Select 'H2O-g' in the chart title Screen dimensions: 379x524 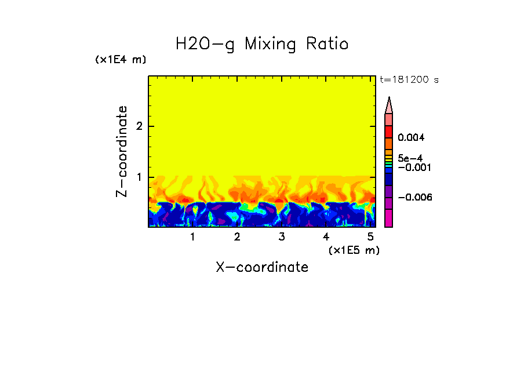click(x=206, y=45)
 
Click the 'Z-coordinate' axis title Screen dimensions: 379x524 click(x=122, y=151)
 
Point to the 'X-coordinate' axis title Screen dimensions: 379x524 click(x=262, y=267)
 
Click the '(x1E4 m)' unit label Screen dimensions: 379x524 click(x=121, y=60)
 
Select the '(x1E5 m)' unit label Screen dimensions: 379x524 click(x=354, y=250)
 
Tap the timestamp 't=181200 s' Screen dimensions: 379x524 click(x=409, y=80)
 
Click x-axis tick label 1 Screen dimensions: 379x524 click(x=192, y=237)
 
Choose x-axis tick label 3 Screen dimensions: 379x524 click(x=281, y=237)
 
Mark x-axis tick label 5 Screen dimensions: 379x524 click(x=370, y=237)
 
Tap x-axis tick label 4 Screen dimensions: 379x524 click(x=326, y=237)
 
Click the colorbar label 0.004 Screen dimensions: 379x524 click(x=411, y=138)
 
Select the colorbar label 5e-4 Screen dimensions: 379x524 click(x=410, y=158)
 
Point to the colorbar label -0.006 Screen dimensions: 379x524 click(x=415, y=197)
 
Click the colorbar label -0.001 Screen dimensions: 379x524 click(x=415, y=167)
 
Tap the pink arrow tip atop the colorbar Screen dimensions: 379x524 click(x=389, y=105)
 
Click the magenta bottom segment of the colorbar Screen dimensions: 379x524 click(x=389, y=218)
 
